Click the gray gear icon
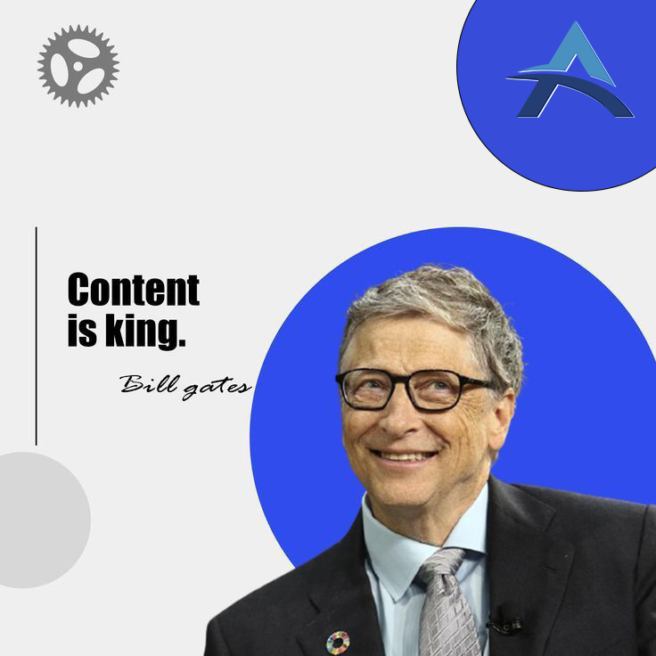[x=78, y=65]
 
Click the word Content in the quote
[x=133, y=291]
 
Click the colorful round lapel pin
[x=338, y=641]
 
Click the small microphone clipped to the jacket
[x=505, y=622]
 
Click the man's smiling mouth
[x=406, y=456]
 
